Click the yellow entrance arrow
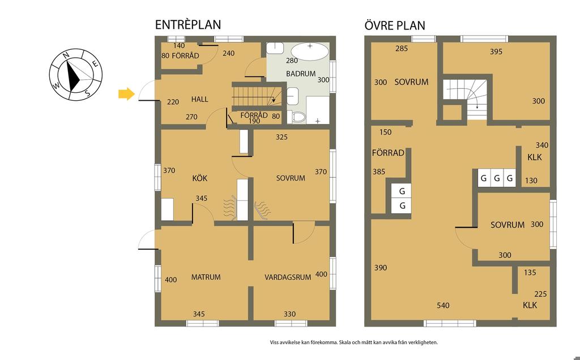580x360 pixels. point(126,94)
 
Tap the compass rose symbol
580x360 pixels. point(76,74)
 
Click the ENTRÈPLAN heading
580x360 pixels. point(188,25)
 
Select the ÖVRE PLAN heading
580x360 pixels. point(395,25)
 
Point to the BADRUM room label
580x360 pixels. point(301,74)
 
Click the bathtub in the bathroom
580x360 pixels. point(310,51)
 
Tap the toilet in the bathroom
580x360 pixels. point(297,117)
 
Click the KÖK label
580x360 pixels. point(200,178)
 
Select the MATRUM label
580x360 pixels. point(206,277)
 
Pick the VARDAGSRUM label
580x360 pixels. point(288,277)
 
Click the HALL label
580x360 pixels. point(200,99)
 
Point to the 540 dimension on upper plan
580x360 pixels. point(443,305)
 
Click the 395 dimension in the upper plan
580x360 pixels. point(496,52)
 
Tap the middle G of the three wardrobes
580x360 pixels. point(497,178)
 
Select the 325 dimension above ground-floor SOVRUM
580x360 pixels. point(282,137)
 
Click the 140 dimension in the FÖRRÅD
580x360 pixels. point(179,46)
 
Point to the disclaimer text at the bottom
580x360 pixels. point(354,342)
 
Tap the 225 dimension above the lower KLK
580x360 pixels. point(540,294)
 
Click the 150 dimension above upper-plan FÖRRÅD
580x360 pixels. point(385,132)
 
